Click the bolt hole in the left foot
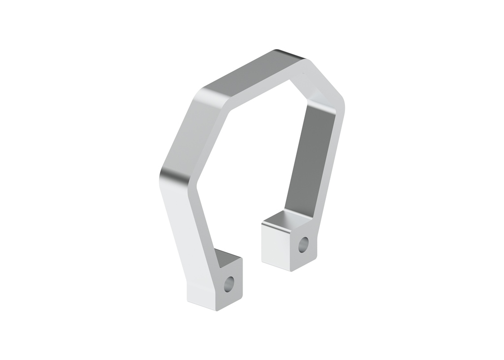point(229,283)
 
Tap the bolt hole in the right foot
point(304,244)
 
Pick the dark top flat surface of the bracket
point(251,74)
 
